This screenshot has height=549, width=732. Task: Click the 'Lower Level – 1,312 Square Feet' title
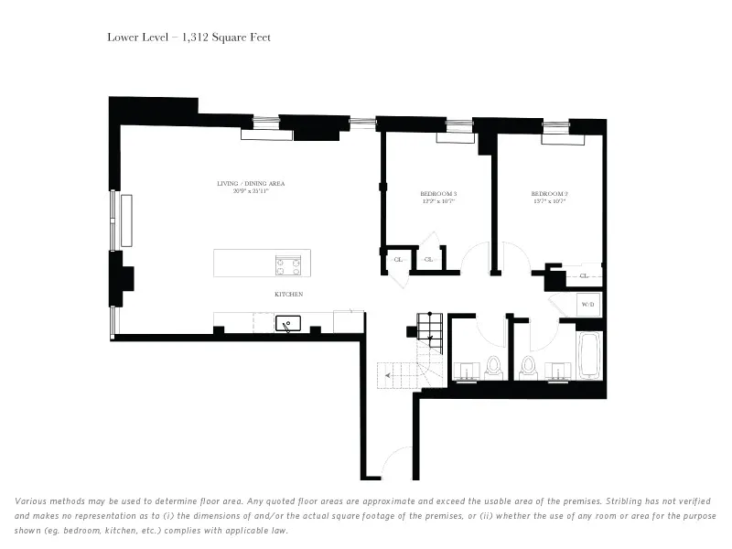pyautogui.click(x=188, y=38)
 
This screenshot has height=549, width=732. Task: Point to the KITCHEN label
pyautogui.click(x=288, y=294)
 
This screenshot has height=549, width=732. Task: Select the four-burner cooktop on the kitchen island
pyautogui.click(x=287, y=264)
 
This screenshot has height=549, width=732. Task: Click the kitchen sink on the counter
pyautogui.click(x=289, y=323)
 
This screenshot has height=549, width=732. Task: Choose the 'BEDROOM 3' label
pyautogui.click(x=438, y=193)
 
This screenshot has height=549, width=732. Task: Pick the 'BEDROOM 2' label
pyautogui.click(x=549, y=193)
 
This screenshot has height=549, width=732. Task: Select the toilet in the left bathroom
pyautogui.click(x=494, y=367)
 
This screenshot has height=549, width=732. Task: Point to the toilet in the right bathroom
pyautogui.click(x=528, y=367)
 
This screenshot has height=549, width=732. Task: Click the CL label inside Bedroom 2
pyautogui.click(x=584, y=274)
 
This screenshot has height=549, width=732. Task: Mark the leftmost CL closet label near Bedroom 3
pyautogui.click(x=398, y=260)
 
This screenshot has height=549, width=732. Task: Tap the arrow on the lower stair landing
pyautogui.click(x=390, y=375)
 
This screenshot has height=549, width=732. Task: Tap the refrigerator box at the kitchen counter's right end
pyautogui.click(x=349, y=321)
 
